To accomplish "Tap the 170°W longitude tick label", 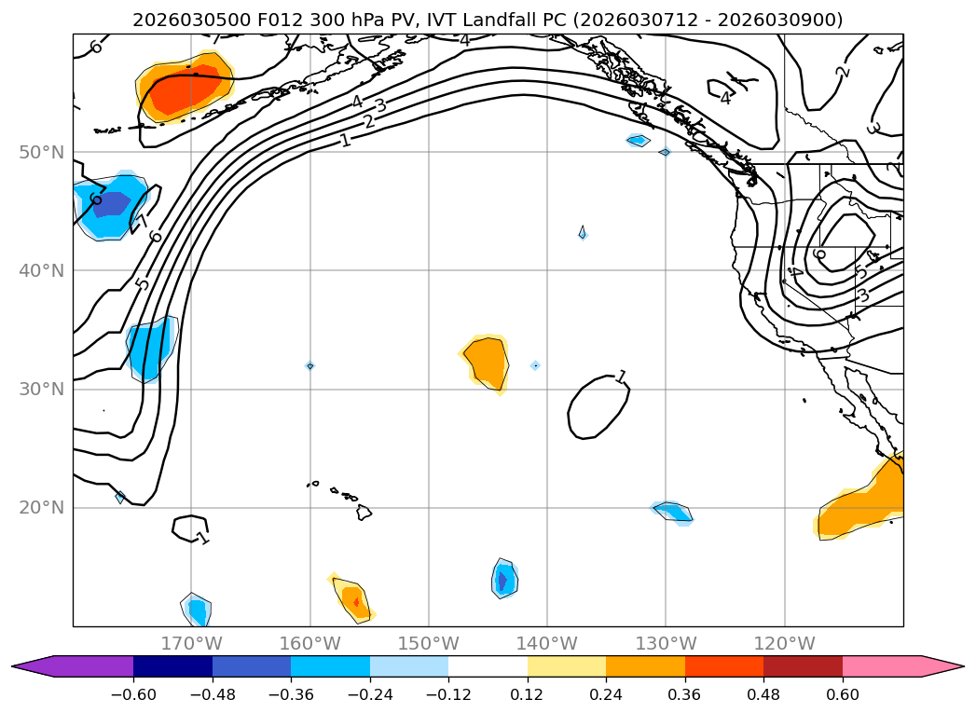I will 191,643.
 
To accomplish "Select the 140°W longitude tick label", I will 546,643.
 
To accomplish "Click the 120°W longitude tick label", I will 784,643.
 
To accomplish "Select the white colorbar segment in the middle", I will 488,665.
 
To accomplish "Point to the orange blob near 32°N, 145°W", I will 487,362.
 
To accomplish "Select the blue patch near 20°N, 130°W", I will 674,512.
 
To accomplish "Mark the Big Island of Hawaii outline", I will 364,512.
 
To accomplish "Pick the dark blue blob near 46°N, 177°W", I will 110,204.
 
